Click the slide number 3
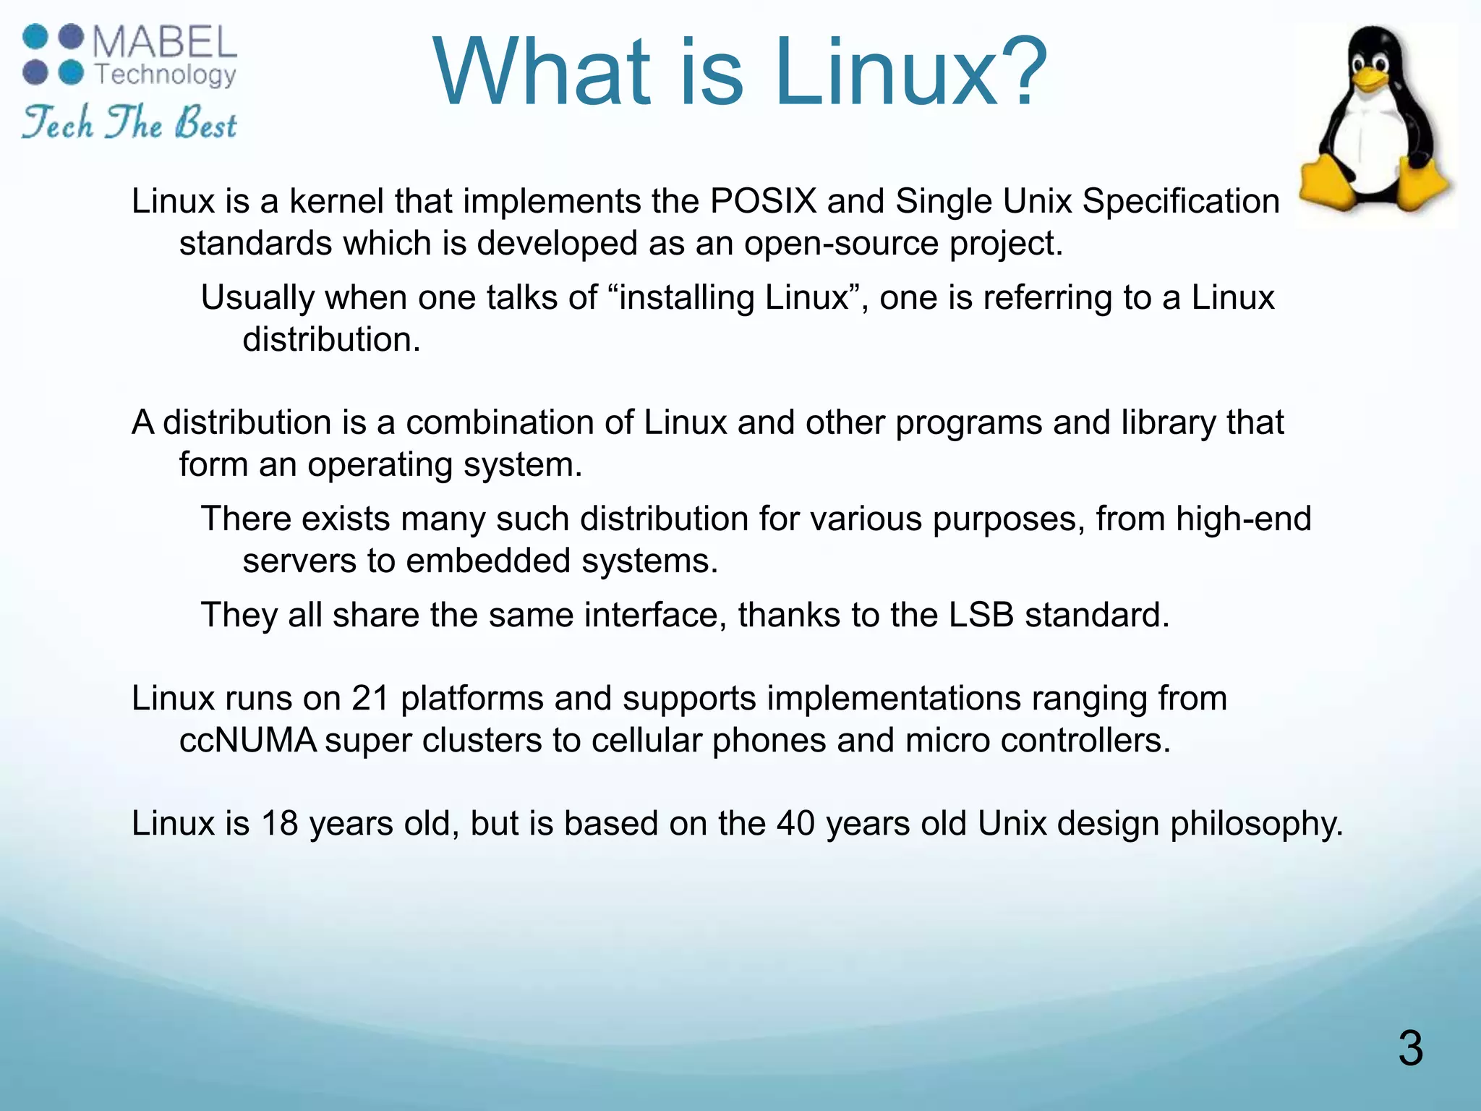(1410, 1048)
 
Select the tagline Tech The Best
(129, 123)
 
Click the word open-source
(841, 243)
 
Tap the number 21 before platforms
(371, 699)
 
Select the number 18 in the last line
(279, 824)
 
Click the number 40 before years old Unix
(795, 824)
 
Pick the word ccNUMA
(248, 741)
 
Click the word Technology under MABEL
(166, 75)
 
